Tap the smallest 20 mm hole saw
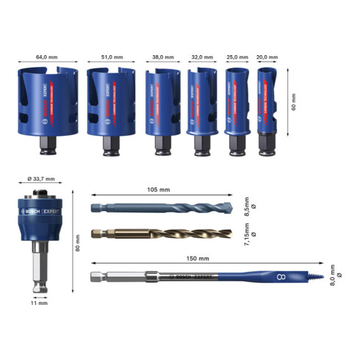coord(267,103)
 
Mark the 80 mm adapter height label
coord(78,248)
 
